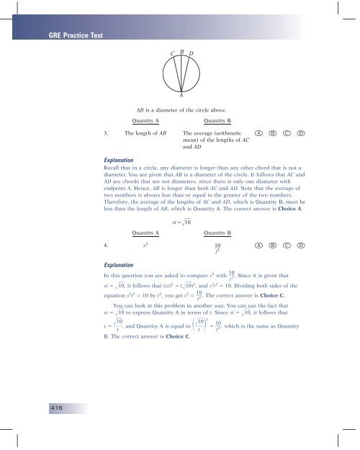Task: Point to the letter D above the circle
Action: tap(191, 53)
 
